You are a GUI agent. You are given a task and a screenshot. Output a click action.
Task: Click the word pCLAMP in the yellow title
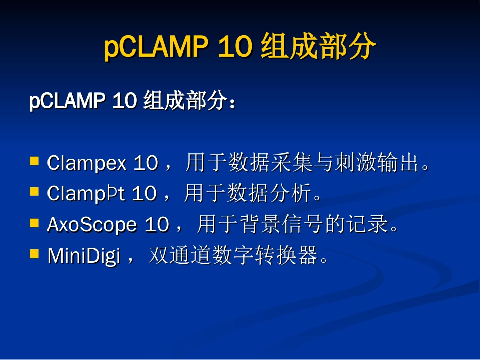point(156,47)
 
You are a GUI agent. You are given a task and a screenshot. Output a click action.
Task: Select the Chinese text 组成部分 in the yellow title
point(318,46)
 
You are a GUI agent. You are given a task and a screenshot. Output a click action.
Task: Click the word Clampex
point(86,163)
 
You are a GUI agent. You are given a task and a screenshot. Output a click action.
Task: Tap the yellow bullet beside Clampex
point(34,161)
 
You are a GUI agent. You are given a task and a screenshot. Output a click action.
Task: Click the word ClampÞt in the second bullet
point(86,194)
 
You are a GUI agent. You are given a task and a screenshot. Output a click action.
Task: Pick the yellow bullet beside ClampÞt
point(34,191)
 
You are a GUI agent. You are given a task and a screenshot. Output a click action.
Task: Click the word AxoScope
point(92,225)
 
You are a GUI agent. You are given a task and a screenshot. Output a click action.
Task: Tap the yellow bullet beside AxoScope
point(34,223)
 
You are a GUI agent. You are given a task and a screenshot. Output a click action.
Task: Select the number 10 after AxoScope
point(157,224)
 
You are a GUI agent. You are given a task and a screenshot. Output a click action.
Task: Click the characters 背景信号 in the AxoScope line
point(281,224)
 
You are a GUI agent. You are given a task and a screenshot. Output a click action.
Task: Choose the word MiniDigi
point(83,255)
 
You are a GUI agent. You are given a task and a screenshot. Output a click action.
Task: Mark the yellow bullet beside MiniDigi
point(34,253)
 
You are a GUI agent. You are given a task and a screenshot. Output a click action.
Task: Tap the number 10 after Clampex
point(146,163)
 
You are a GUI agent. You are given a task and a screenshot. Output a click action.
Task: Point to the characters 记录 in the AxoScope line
point(367,224)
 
